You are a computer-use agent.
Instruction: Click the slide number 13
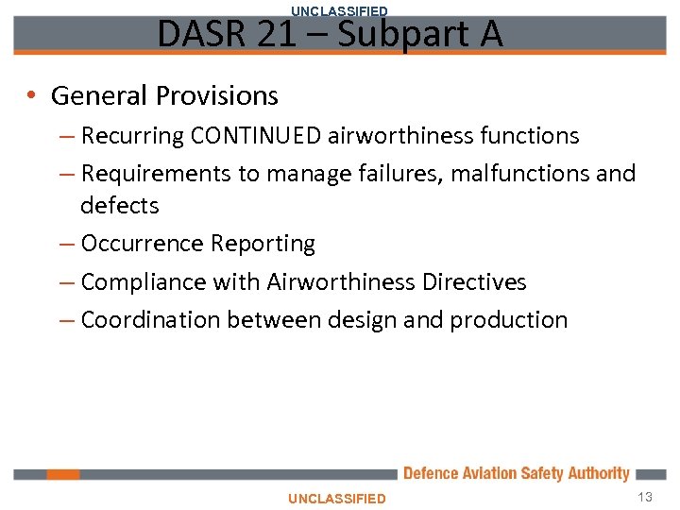click(646, 497)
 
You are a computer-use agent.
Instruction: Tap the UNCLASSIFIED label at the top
click(339, 10)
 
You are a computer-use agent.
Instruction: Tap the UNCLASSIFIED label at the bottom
click(337, 498)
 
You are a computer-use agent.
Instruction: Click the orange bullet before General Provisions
click(32, 95)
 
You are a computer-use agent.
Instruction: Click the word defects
click(120, 205)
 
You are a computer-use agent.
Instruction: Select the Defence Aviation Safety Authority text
click(516, 473)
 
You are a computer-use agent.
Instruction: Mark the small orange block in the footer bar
click(63, 474)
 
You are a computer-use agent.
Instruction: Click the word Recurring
click(132, 136)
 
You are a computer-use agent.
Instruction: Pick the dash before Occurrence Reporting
click(66, 244)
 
